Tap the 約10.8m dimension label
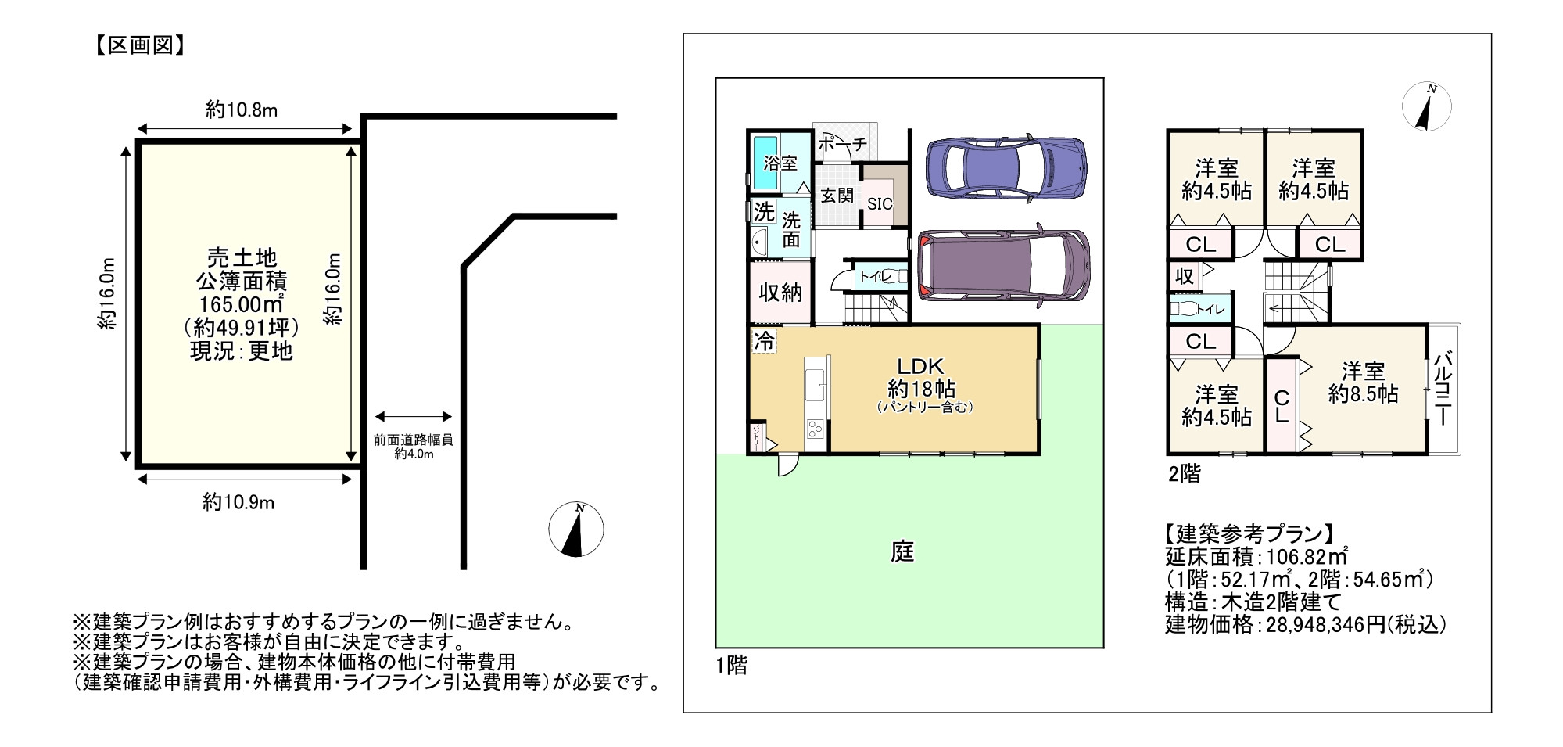pyautogui.click(x=241, y=110)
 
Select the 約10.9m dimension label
pyautogui.click(x=238, y=502)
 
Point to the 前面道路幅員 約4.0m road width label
pyautogui.click(x=413, y=446)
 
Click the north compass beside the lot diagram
pyautogui.click(x=576, y=530)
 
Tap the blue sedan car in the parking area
pyautogui.click(x=1005, y=170)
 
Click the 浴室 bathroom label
pyautogui.click(x=780, y=163)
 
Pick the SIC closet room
pyautogui.click(x=880, y=203)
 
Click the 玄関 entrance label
pyautogui.click(x=836, y=196)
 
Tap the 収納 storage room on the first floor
pyautogui.click(x=780, y=293)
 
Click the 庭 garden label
pyautogui.click(x=902, y=552)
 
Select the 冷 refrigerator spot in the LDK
pyautogui.click(x=765, y=341)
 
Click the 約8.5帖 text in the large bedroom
pyautogui.click(x=1363, y=393)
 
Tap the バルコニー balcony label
pyautogui.click(x=1445, y=388)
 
